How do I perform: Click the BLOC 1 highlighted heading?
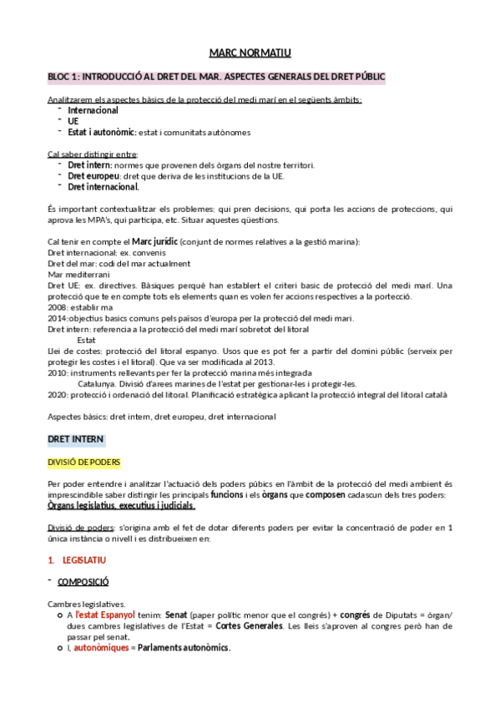(216, 77)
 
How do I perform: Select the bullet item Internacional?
(93, 110)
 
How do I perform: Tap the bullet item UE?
(73, 121)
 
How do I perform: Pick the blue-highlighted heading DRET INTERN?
(76, 439)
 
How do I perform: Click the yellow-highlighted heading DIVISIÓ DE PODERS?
(84, 462)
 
